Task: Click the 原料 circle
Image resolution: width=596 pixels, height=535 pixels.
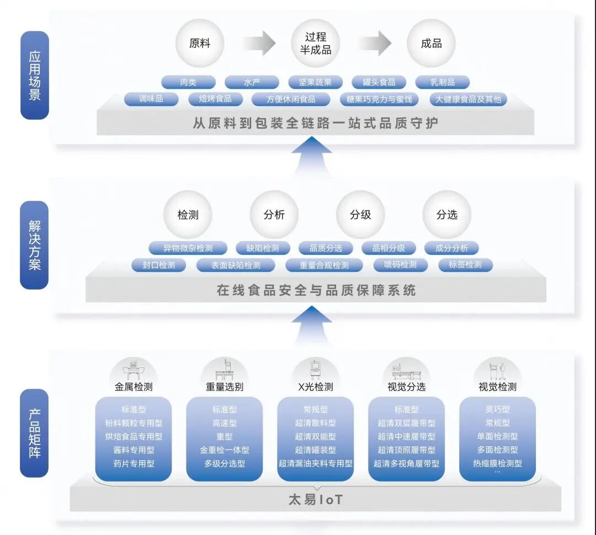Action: coord(199,44)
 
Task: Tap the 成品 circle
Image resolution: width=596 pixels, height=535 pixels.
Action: coord(431,44)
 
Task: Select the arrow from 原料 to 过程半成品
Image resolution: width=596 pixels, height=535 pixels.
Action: coord(259,43)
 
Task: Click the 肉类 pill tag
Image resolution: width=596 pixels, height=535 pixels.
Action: coord(188,83)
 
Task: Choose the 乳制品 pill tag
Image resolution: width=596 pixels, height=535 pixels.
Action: coord(443,83)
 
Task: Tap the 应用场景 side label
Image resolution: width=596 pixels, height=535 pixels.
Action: coord(35,76)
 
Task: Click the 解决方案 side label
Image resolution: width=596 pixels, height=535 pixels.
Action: coord(35,245)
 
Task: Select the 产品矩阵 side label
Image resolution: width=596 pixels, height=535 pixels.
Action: coord(35,434)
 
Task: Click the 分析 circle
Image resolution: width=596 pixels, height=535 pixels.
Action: coord(274,215)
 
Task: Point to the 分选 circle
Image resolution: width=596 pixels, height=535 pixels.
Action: coord(446,215)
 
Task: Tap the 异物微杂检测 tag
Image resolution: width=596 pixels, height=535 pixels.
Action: coord(188,248)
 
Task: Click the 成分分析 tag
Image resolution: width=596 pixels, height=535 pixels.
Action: coord(451,248)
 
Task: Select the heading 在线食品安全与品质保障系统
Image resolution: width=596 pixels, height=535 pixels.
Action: coord(316,290)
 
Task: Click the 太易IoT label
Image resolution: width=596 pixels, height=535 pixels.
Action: coord(316,500)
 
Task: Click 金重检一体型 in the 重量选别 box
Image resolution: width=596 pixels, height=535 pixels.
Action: coord(225,450)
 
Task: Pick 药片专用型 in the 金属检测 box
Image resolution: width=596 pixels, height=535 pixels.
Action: coord(134,463)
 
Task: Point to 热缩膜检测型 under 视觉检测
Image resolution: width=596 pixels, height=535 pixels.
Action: coord(497,463)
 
